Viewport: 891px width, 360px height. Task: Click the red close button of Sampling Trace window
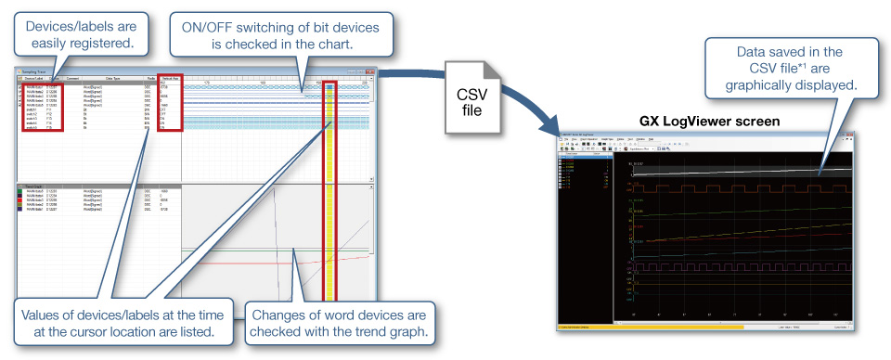pyautogui.click(x=369, y=71)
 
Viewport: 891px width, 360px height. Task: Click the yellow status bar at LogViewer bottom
pyautogui.click(x=650, y=328)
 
